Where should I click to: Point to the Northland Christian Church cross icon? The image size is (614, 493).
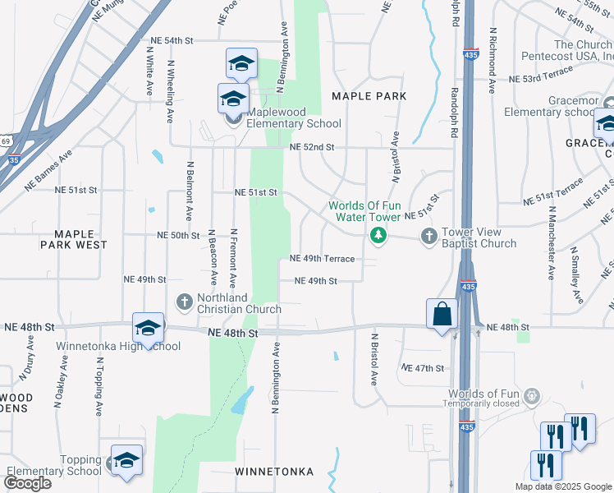coord(185,302)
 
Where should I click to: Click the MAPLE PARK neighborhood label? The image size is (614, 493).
coord(369,96)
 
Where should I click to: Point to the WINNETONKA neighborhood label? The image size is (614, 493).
coord(274,472)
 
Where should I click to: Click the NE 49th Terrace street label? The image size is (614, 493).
coord(322,259)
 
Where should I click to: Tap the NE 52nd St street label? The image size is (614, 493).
coord(313,147)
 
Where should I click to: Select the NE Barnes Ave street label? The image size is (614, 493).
coord(48,169)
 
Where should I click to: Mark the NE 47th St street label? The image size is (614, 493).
coord(423,368)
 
